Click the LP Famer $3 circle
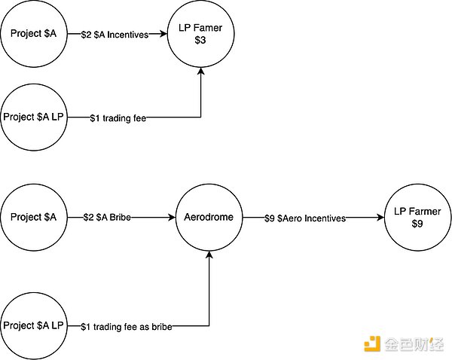coord(201,34)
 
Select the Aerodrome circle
coord(207,218)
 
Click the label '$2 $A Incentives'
coord(115,35)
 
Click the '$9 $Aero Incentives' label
coord(304,218)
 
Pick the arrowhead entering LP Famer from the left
coord(165,34)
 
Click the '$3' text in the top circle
coord(201,41)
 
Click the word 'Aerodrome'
coord(207,218)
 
